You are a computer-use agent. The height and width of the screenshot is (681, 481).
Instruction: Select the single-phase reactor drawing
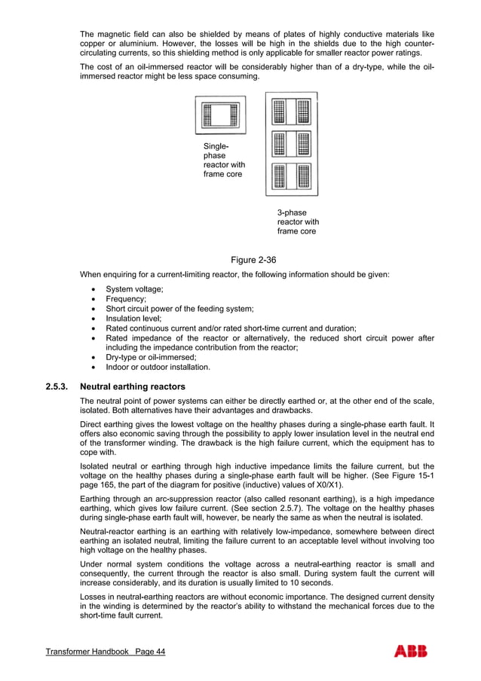pyautogui.click(x=220, y=115)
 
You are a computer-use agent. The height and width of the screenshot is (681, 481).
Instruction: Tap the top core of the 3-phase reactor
pyautogui.click(x=291, y=111)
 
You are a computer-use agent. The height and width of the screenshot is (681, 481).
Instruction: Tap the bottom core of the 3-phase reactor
pyautogui.click(x=291, y=176)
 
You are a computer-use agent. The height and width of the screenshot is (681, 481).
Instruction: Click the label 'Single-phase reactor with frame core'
pyautogui.click(x=223, y=160)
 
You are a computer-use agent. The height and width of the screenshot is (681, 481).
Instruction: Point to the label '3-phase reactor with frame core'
pyautogui.click(x=298, y=222)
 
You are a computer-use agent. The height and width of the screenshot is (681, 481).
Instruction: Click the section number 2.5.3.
pyautogui.click(x=57, y=386)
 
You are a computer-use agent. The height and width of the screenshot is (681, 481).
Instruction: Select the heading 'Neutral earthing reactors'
pyautogui.click(x=132, y=386)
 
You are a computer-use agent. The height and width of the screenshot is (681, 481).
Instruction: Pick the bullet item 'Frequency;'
pyautogui.click(x=126, y=299)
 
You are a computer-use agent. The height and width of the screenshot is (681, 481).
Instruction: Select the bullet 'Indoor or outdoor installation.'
pyautogui.click(x=158, y=368)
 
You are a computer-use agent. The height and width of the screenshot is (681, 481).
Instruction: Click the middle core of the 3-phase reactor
pyautogui.click(x=291, y=143)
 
